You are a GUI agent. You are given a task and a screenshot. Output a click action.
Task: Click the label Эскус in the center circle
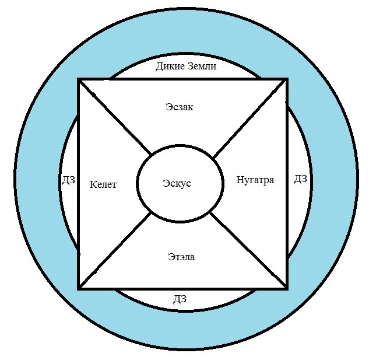coord(177,183)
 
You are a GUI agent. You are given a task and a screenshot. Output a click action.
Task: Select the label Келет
coord(104,185)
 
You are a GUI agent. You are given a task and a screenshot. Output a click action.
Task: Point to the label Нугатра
coord(255,180)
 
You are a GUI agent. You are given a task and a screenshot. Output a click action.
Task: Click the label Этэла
coord(181,257)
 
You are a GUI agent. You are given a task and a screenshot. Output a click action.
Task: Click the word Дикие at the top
coord(169,67)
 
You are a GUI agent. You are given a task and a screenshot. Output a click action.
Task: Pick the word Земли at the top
coord(202,67)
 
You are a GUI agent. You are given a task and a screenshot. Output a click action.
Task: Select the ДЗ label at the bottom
coord(180,299)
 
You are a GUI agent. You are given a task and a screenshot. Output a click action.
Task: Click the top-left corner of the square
coord(79,79)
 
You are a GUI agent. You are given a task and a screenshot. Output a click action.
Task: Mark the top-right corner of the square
coord(287,79)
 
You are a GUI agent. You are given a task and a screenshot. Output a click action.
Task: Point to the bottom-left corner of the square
coord(79,288)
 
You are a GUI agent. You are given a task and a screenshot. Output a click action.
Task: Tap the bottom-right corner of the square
coord(287,288)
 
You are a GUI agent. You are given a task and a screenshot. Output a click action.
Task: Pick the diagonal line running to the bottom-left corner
coord(115,251)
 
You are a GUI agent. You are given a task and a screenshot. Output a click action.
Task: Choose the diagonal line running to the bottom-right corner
coord(249,250)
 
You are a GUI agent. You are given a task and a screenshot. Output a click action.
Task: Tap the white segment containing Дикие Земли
coord(134,71)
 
